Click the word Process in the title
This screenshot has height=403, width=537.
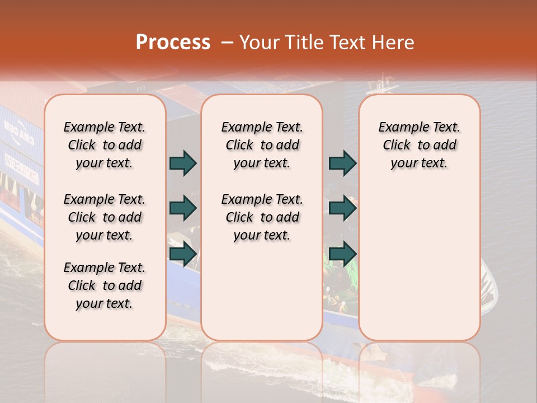(x=173, y=43)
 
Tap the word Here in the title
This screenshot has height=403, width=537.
(x=394, y=43)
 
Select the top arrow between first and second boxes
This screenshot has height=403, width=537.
(x=183, y=163)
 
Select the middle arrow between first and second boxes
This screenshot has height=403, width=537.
(x=183, y=208)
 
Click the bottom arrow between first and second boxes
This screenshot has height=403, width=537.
(x=183, y=254)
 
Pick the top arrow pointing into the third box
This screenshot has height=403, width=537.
(x=342, y=163)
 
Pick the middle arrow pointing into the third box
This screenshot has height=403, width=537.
(x=342, y=208)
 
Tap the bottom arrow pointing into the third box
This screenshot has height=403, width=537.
(x=342, y=254)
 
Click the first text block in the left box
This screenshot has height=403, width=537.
(x=105, y=145)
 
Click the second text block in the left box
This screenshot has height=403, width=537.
(x=105, y=217)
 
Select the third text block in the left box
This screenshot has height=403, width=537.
(x=105, y=285)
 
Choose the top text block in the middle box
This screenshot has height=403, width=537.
(x=262, y=145)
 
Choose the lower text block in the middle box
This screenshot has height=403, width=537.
(x=262, y=217)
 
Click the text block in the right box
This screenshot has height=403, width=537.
(x=420, y=145)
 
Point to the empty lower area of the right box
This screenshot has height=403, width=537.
(x=420, y=269)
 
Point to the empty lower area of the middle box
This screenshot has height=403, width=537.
(x=262, y=291)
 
